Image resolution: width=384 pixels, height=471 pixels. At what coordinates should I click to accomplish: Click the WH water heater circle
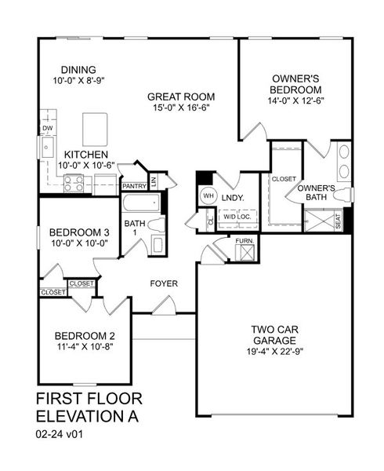click(x=209, y=195)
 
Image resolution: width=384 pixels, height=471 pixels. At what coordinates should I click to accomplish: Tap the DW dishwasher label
click(x=47, y=127)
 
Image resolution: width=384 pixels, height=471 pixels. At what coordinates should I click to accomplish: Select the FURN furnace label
click(x=244, y=241)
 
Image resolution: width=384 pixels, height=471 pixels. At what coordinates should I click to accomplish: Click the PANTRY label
click(x=131, y=186)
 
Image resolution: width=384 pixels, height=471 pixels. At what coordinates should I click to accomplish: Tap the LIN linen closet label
click(x=154, y=181)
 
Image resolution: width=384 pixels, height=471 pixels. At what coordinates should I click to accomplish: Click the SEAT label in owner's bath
click(x=338, y=223)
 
